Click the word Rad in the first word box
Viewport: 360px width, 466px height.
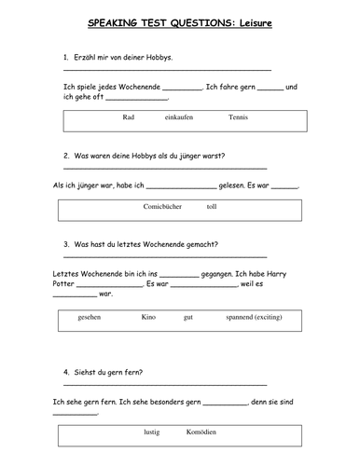click(129, 116)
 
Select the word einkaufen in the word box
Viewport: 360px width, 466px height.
click(178, 116)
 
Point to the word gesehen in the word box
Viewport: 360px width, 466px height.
click(90, 318)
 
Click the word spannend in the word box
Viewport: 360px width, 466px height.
click(240, 318)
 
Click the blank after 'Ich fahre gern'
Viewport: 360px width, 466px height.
click(269, 87)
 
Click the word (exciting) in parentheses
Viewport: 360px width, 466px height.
click(281, 318)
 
